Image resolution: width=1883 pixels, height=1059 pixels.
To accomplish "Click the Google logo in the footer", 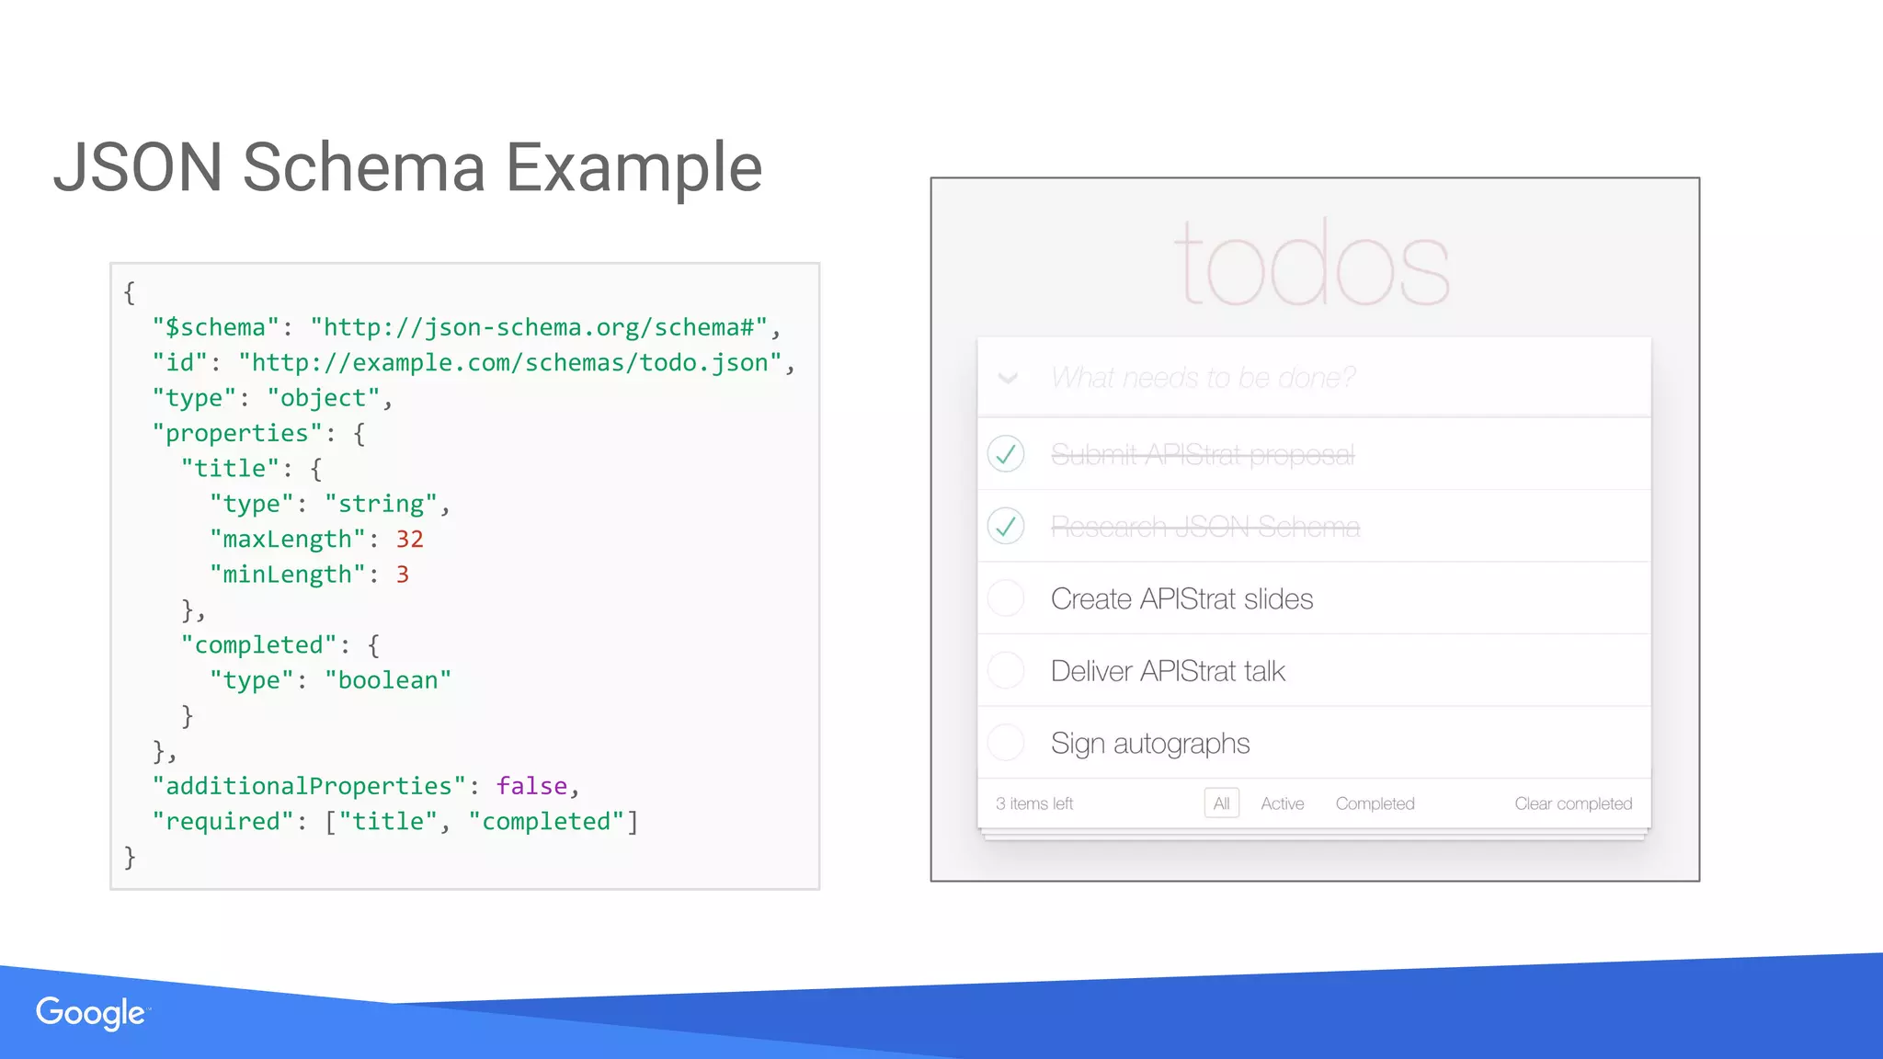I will click(x=90, y=1013).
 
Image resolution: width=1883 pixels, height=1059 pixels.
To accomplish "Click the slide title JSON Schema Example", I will click(x=407, y=167).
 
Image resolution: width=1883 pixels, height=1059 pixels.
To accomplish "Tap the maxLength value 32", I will click(x=409, y=539).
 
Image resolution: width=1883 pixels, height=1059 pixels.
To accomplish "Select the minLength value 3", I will click(x=402, y=575).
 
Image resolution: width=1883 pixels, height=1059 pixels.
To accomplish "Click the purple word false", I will click(x=531, y=786).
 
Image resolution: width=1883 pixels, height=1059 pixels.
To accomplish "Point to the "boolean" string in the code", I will click(x=388, y=680).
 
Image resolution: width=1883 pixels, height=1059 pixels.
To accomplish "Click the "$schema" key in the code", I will click(x=215, y=327).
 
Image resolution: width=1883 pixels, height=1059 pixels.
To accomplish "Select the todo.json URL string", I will click(x=509, y=362).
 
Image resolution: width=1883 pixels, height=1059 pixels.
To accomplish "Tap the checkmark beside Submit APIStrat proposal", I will click(x=1006, y=454).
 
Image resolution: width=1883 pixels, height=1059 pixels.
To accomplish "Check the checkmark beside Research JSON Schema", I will click(x=1006, y=526).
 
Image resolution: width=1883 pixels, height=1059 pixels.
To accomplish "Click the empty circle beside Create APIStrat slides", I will click(x=1006, y=598).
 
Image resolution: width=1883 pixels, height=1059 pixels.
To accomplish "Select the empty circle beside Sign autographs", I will click(x=1006, y=743).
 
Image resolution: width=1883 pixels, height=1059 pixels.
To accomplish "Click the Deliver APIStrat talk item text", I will click(x=1168, y=671).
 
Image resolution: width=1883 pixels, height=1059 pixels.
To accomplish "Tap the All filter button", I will click(x=1221, y=803).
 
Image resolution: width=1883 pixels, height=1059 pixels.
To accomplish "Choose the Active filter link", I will click(x=1282, y=803).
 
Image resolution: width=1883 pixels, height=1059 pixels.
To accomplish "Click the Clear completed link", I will click(x=1573, y=803).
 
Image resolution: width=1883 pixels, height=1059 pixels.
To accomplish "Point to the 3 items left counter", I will click(x=1034, y=803).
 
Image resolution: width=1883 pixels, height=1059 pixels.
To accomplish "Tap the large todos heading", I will click(x=1312, y=265).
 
